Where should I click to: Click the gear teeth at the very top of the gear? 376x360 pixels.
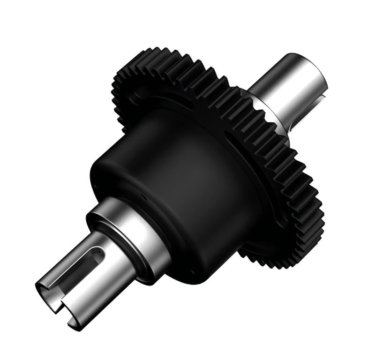click(x=178, y=54)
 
